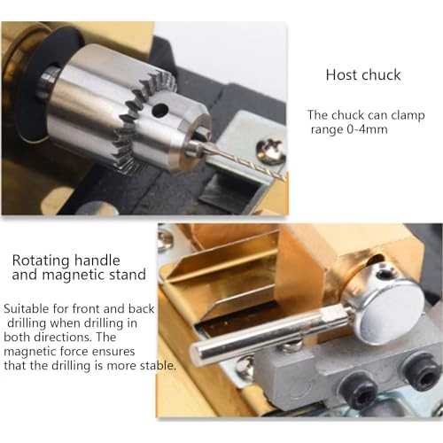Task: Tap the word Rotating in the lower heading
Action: pos(43,260)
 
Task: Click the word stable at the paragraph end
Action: pos(155,365)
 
